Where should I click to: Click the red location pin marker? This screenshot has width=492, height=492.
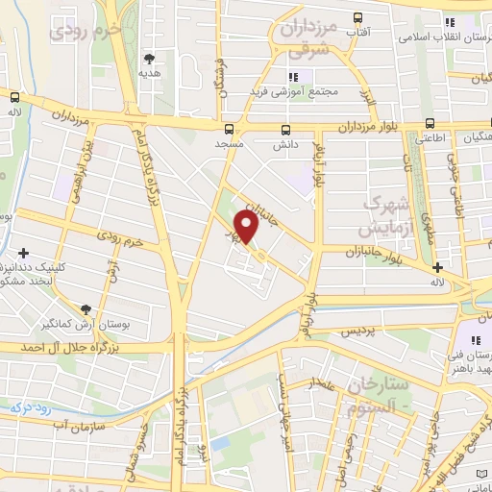tap(247, 227)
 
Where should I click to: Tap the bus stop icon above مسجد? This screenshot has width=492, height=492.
tap(229, 129)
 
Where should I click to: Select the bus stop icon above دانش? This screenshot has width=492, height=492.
tap(284, 130)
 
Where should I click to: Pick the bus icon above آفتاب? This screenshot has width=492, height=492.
tap(358, 17)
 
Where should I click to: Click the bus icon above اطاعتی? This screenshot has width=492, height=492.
tap(430, 123)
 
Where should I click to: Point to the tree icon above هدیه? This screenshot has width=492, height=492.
tap(148, 59)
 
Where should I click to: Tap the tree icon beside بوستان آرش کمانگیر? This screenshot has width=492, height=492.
tap(87, 308)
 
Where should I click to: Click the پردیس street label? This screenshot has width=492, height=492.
tap(354, 331)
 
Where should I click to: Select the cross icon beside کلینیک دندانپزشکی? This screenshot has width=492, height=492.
tap(23, 252)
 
